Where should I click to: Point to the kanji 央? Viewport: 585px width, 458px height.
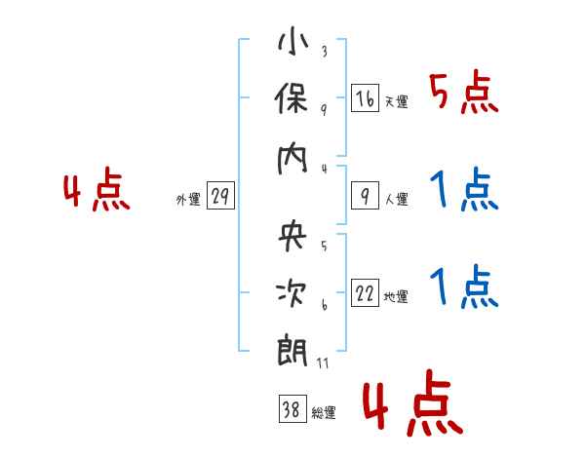(293, 235)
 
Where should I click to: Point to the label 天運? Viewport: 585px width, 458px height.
(396, 101)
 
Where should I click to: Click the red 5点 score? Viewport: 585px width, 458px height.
(463, 94)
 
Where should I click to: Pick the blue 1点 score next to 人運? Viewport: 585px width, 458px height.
(463, 191)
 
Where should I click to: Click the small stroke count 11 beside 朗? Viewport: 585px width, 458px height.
(323, 363)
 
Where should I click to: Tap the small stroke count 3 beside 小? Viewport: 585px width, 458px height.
(323, 52)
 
